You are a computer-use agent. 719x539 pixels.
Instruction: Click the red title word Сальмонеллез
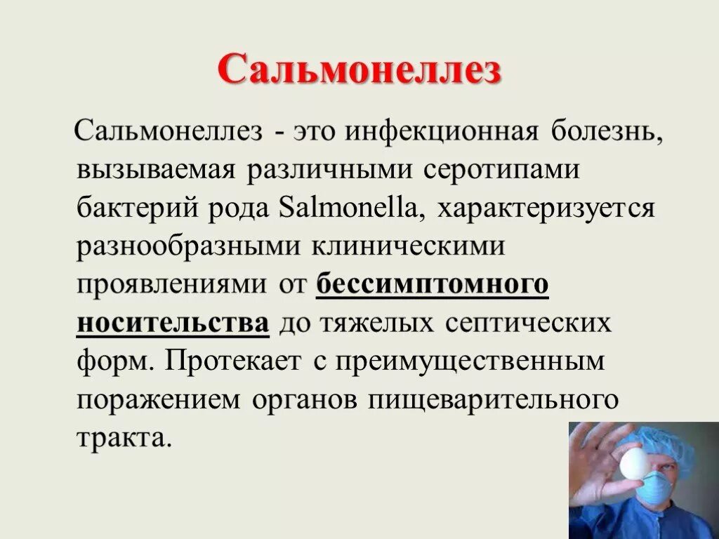[x=359, y=71]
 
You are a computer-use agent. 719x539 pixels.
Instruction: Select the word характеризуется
[x=546, y=209]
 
